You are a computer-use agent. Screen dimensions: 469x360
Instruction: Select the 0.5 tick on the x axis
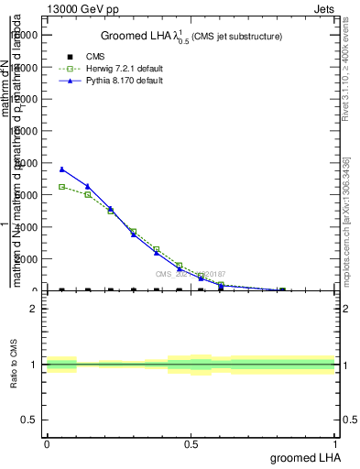click(191, 444)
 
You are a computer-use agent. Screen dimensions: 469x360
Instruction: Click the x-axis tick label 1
click(336, 444)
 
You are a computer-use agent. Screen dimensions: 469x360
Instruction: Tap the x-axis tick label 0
click(47, 444)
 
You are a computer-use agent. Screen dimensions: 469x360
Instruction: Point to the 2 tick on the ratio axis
click(34, 309)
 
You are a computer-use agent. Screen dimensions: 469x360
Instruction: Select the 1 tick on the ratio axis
click(34, 365)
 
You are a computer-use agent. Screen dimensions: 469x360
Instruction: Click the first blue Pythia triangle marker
click(61, 169)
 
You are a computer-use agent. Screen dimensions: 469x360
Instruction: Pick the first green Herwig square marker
click(61, 187)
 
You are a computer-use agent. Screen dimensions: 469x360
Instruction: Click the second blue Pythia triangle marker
click(88, 186)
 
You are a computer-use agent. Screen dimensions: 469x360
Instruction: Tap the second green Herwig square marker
click(88, 194)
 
